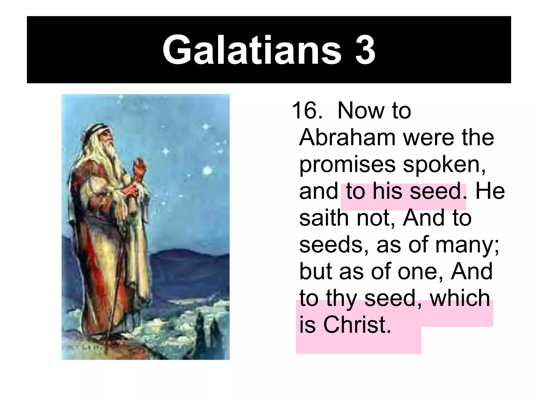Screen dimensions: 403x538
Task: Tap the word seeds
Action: tap(333, 245)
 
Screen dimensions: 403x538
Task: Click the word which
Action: tap(460, 298)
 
